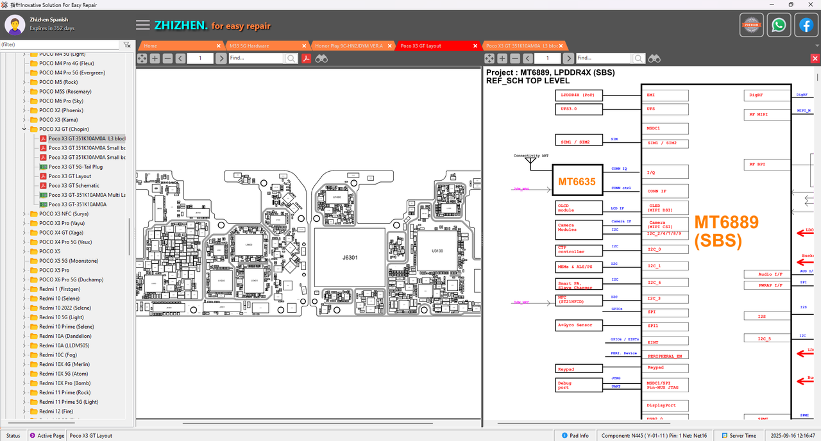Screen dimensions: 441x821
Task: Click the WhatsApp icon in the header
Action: coord(779,25)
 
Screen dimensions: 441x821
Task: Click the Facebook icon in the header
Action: coord(806,25)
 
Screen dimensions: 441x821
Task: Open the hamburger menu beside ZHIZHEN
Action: coord(143,26)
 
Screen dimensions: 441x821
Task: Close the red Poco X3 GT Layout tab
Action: coord(475,46)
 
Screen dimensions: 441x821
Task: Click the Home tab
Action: coord(151,46)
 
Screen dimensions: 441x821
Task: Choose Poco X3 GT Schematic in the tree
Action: coord(74,185)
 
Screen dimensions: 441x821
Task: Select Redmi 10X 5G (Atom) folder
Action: coord(63,374)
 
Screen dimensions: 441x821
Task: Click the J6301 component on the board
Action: coord(350,258)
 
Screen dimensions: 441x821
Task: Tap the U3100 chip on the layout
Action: coord(437,251)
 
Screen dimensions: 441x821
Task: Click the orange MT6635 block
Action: coord(577,182)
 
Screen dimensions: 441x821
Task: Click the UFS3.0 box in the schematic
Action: coord(579,109)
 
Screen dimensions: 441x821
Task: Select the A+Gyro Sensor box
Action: coord(579,326)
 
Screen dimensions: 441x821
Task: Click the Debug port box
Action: coord(579,385)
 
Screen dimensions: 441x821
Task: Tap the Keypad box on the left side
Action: coord(579,369)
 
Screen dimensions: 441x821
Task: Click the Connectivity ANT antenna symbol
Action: coord(530,162)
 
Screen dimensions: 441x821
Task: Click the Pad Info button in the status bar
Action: coord(575,436)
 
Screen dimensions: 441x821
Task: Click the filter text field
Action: coord(60,45)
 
